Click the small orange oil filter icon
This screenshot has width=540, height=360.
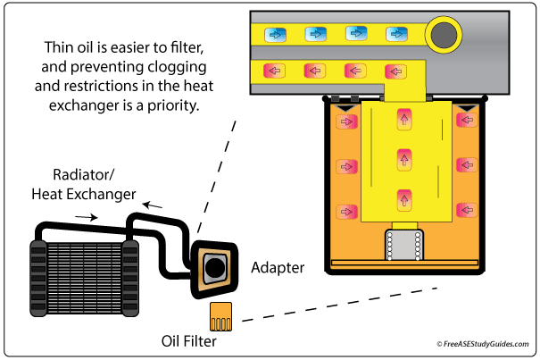pos(220,314)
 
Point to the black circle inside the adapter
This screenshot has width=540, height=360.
pos(213,266)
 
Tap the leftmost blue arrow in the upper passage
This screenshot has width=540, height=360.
pos(274,34)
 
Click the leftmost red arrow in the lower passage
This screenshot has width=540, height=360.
pos(274,71)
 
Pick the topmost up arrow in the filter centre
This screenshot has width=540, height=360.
pos(404,118)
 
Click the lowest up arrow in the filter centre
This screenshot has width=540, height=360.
pos(404,197)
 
